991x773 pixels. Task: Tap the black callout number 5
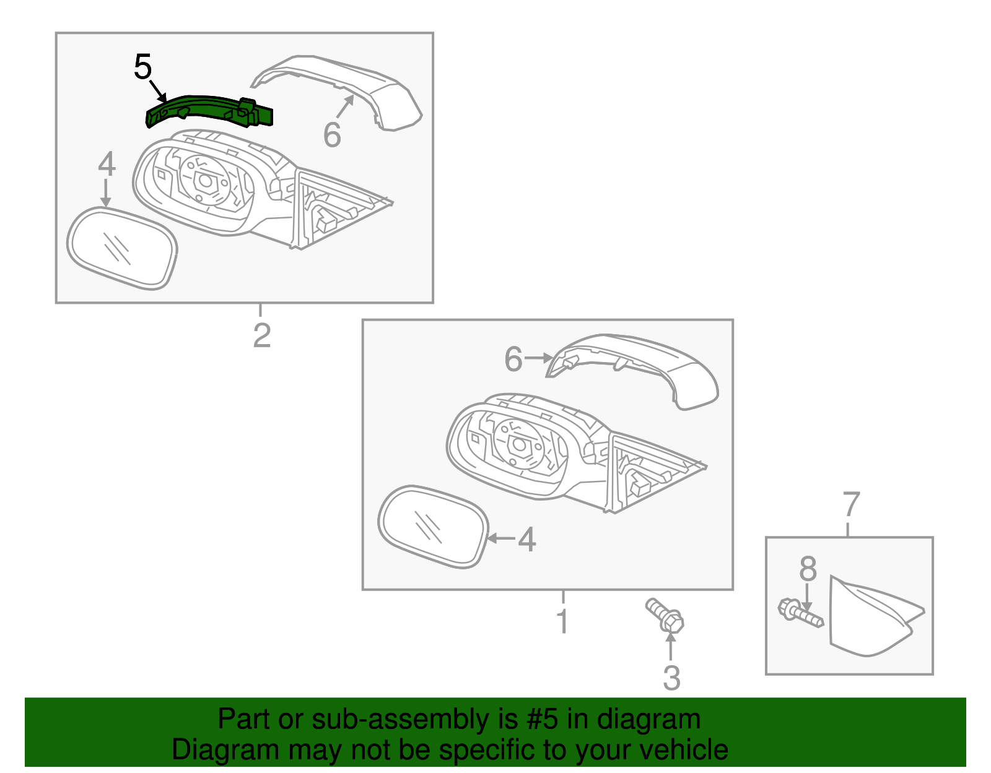point(142,67)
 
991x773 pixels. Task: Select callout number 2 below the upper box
point(262,335)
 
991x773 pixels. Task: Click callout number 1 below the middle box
point(563,621)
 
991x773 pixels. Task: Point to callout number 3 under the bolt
point(671,678)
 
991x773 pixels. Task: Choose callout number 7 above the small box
point(851,504)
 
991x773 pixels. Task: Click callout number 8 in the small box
point(808,569)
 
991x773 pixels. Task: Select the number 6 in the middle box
point(513,358)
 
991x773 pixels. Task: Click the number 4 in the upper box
point(107,164)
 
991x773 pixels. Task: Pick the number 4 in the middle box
point(526,539)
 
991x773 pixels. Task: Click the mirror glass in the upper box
point(122,248)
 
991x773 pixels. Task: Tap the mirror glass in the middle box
point(433,527)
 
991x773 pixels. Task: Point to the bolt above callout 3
point(665,616)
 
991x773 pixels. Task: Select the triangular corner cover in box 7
point(873,617)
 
